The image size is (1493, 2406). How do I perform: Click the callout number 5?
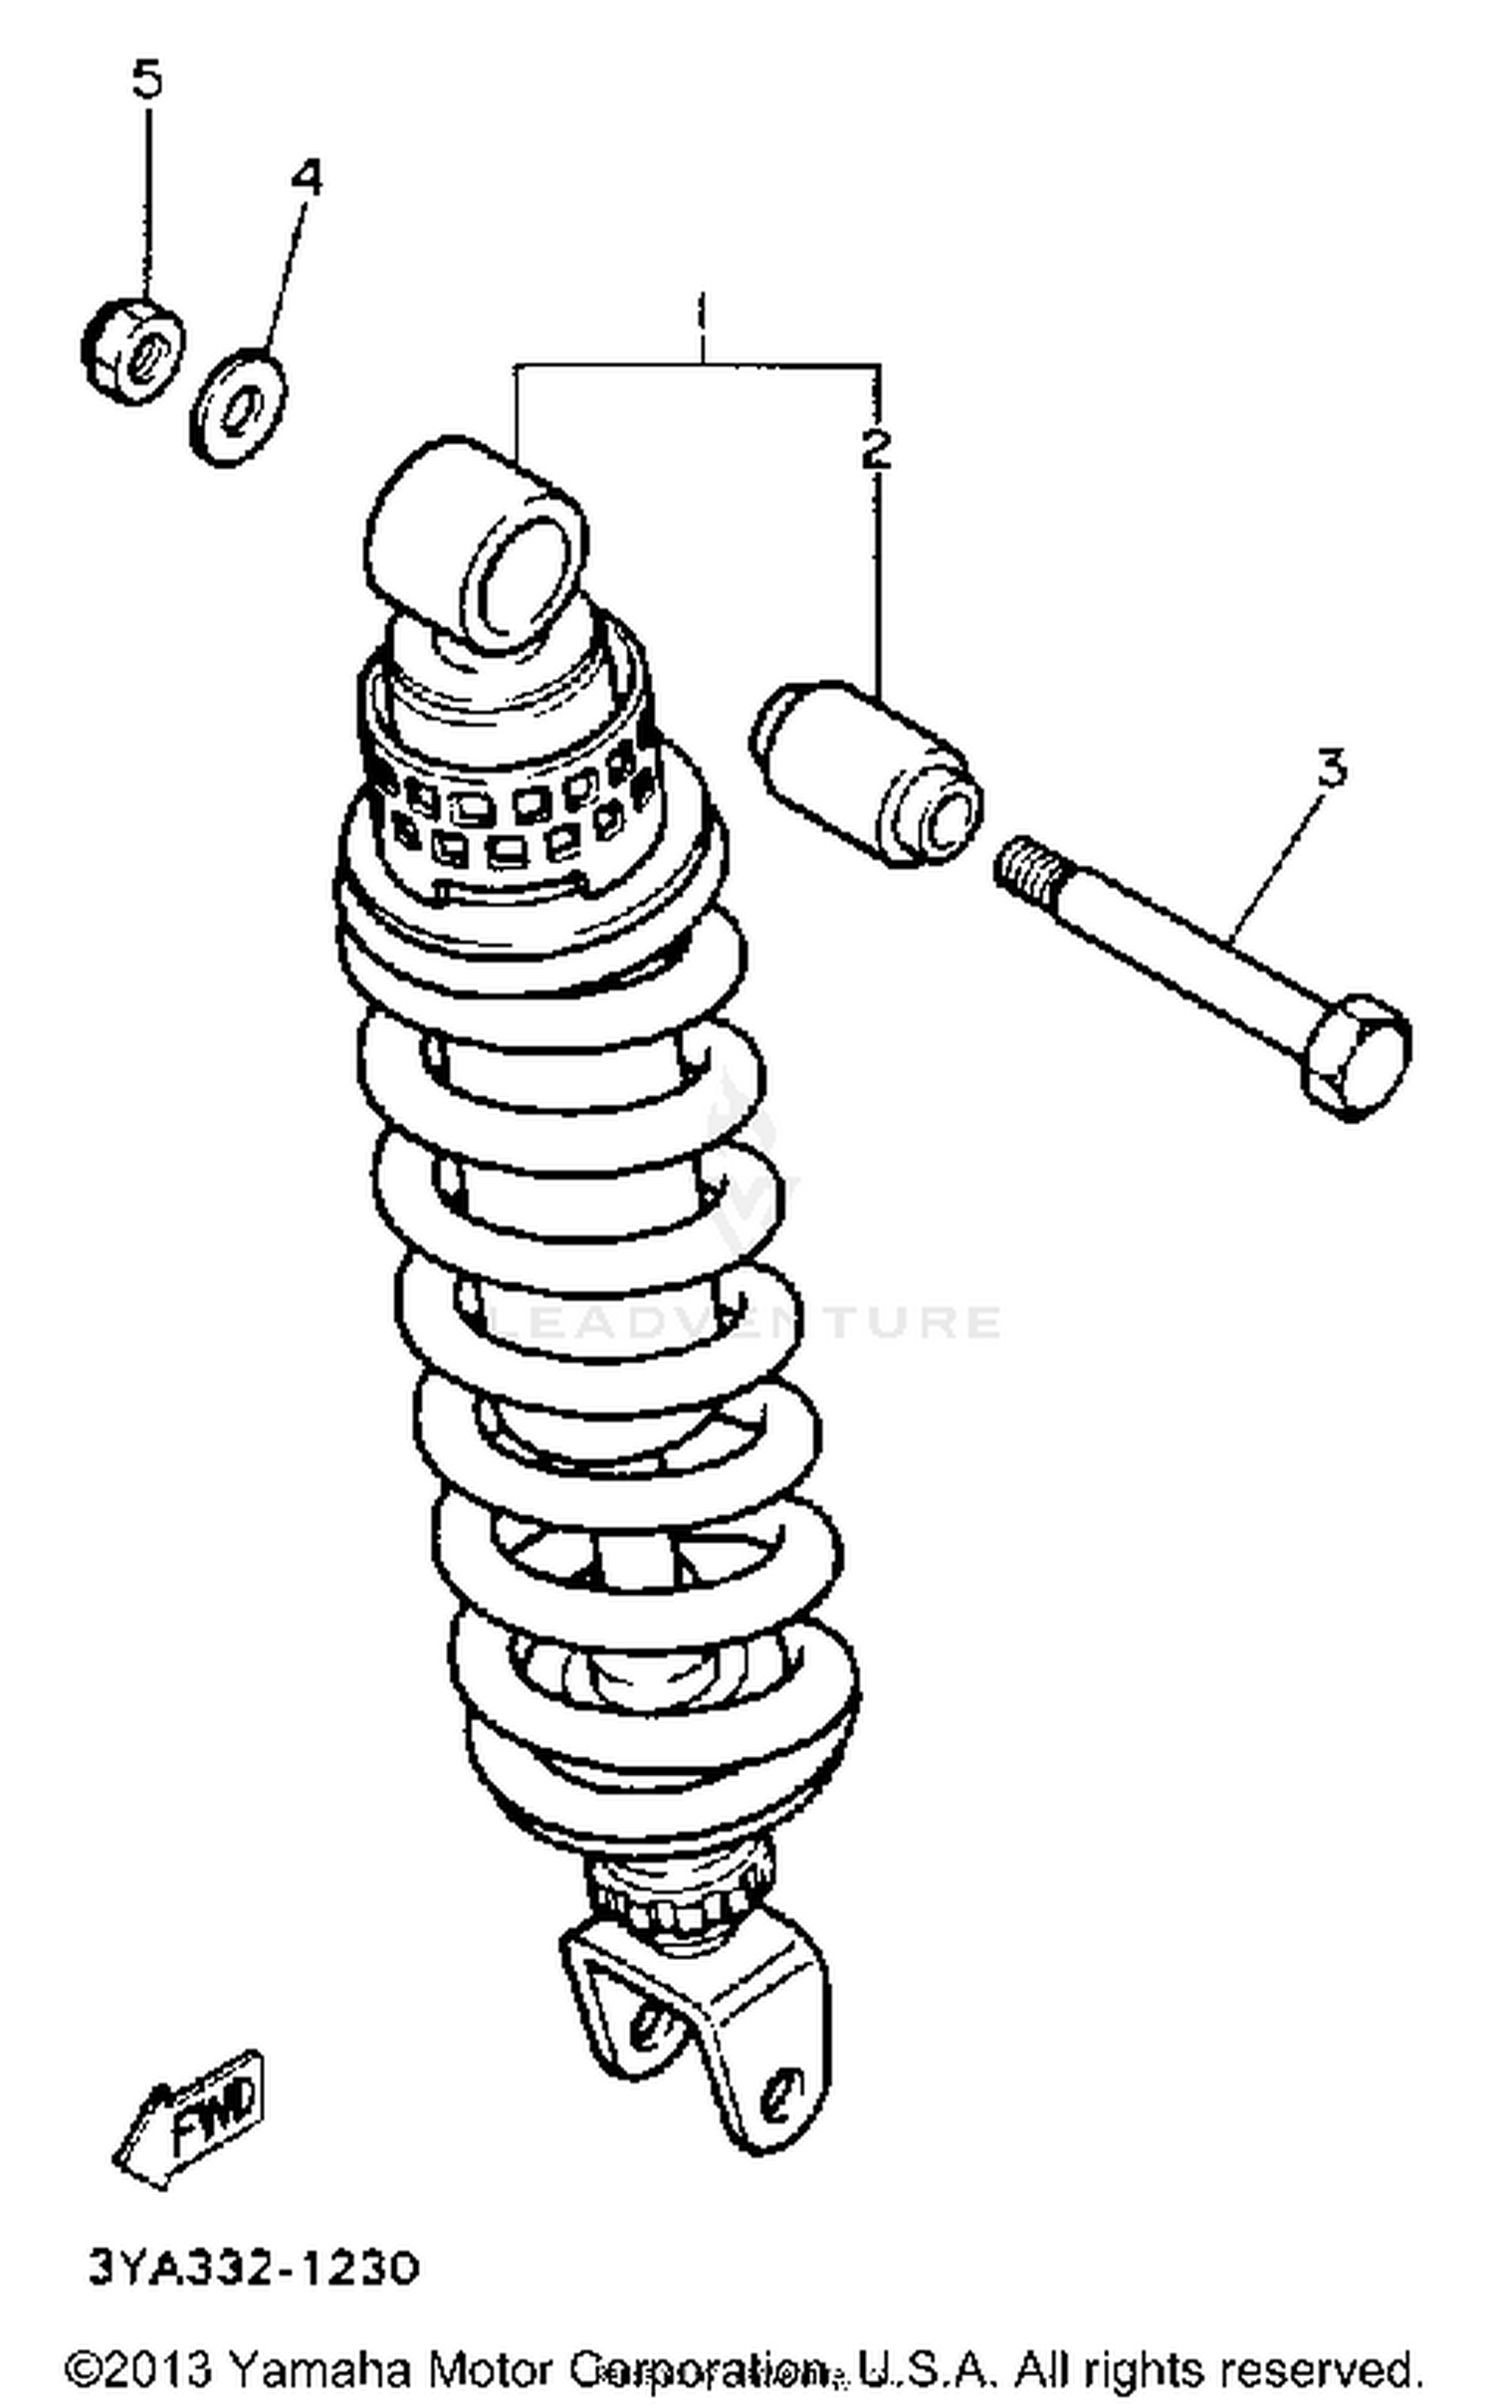click(x=146, y=81)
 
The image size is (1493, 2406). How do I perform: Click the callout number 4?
click(x=307, y=178)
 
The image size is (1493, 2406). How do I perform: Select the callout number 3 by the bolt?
click(x=1332, y=767)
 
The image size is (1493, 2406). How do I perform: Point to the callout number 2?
click(x=876, y=450)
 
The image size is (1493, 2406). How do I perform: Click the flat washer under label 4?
click(x=238, y=405)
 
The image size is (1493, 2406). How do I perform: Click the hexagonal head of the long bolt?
click(x=1356, y=1055)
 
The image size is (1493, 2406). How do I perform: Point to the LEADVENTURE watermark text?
click(x=746, y=1321)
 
